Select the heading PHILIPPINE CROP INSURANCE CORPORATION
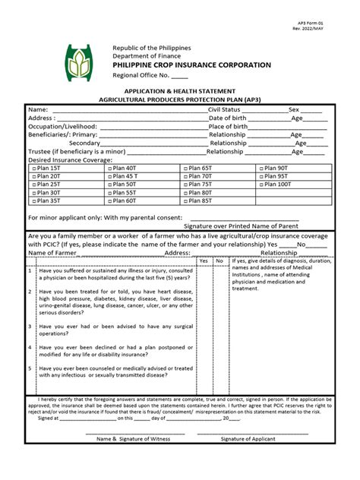(191, 66)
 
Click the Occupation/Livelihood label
(63, 126)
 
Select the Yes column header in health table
(203, 261)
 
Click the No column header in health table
(219, 261)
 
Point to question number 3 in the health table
(30, 326)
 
